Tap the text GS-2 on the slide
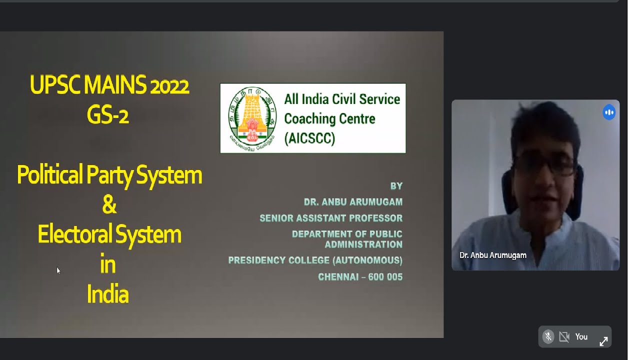[108, 116]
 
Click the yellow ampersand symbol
[109, 205]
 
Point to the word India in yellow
[108, 294]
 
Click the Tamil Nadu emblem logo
[252, 118]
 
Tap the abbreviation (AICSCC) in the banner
[309, 138]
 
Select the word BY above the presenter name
[396, 186]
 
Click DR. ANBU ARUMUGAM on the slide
[353, 202]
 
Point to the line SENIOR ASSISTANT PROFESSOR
[331, 218]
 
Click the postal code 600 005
[385, 277]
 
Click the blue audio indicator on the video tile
[609, 112]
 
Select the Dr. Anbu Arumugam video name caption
[492, 255]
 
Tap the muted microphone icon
[548, 337]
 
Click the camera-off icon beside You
[564, 337]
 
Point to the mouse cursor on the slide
[58, 270]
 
